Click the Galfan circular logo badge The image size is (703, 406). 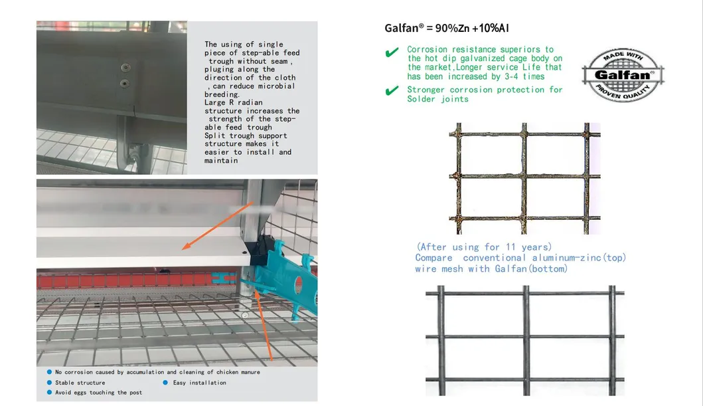click(623, 74)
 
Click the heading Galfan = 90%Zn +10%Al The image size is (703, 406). click(447, 29)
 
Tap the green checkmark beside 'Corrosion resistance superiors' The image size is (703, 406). click(392, 52)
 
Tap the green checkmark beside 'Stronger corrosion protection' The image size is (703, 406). click(392, 91)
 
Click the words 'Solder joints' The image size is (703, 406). click(437, 99)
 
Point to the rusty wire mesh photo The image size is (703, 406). click(524, 177)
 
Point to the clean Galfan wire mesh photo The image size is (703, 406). click(524, 340)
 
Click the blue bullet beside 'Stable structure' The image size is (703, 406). click(50, 383)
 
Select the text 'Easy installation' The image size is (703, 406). click(199, 383)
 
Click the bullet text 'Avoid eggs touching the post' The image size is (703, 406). click(98, 393)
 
